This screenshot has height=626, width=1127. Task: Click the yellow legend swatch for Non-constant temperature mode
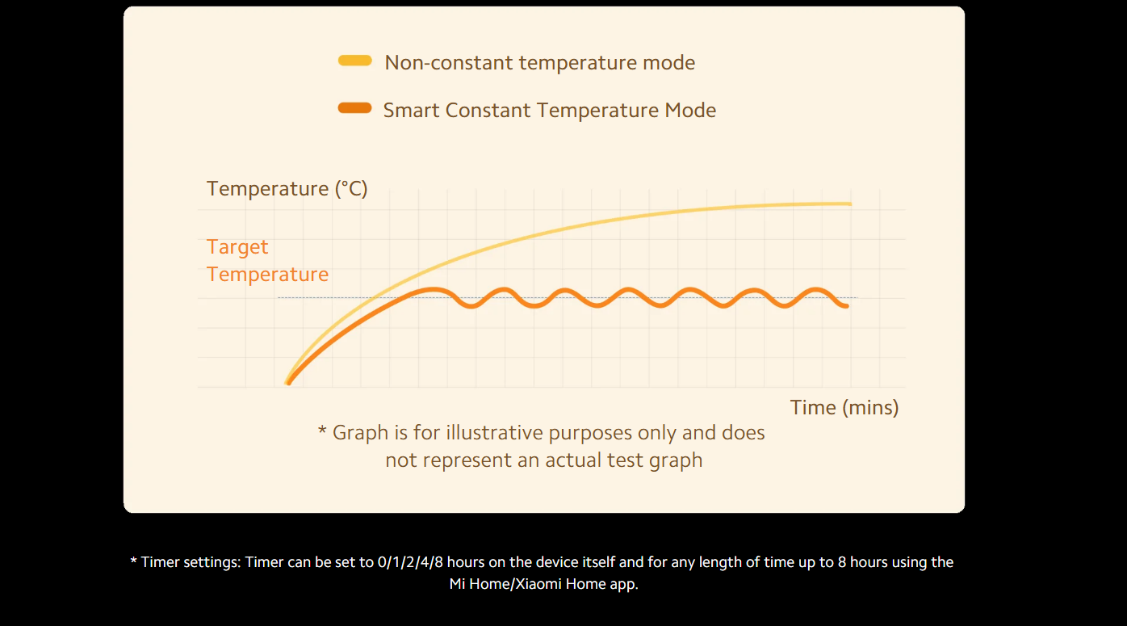(355, 61)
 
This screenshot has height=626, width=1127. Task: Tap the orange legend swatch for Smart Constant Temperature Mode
(355, 108)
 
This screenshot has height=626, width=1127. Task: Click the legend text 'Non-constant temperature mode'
(539, 62)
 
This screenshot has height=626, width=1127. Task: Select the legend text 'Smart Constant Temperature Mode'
(549, 110)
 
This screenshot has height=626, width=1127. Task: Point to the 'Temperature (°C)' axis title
(287, 188)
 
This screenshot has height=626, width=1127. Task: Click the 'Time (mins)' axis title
(844, 407)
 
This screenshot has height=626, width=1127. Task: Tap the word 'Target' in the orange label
(237, 246)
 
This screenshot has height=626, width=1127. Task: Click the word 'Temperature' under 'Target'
(267, 274)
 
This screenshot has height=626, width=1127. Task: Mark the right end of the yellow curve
(850, 204)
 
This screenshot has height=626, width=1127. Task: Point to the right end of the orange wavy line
(846, 305)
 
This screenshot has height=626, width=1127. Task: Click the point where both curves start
(287, 382)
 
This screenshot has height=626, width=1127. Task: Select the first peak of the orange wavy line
(434, 289)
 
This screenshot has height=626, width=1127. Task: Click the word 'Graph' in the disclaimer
(361, 433)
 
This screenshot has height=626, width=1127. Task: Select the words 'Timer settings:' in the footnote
(191, 562)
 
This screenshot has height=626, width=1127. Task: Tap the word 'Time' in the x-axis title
(812, 407)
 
